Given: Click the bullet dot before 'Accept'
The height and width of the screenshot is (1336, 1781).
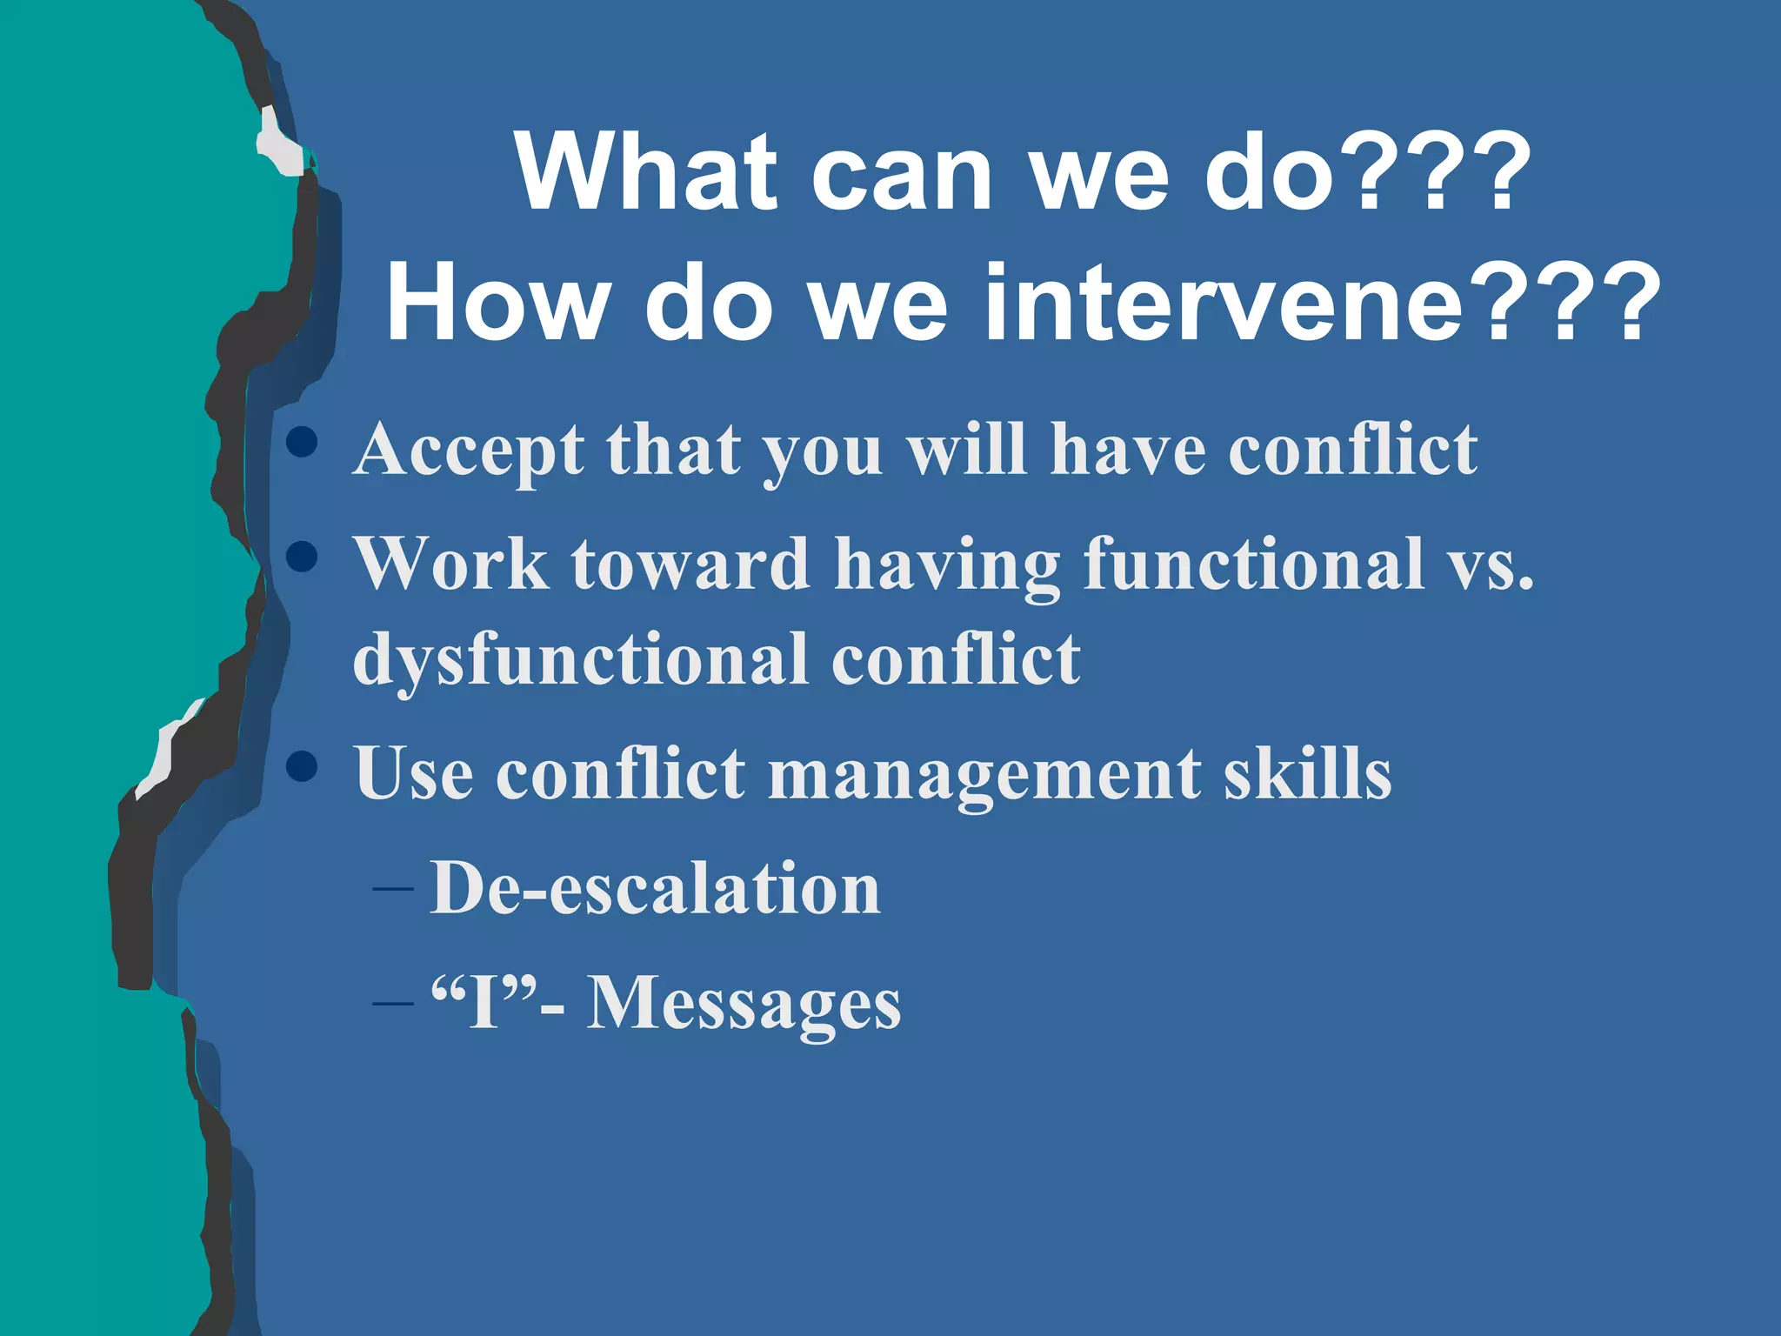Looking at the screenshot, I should tap(302, 442).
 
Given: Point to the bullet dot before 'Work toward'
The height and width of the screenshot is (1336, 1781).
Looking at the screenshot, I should tap(302, 557).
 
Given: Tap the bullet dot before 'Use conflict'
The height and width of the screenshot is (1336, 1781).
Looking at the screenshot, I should tap(302, 766).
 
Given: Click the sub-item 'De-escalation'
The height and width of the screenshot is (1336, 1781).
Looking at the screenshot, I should tap(655, 888).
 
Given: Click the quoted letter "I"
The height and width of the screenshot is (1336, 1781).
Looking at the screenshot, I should tap(484, 1002).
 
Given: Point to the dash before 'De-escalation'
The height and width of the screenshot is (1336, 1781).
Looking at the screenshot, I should tap(392, 889).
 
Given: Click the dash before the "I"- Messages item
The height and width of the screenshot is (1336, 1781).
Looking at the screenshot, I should tap(392, 1003).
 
